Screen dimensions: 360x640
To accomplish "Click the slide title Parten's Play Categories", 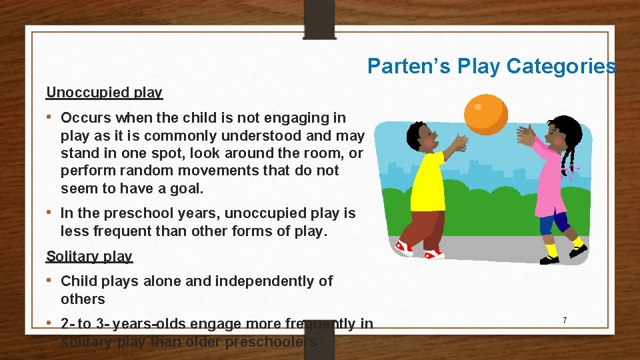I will tap(491, 66).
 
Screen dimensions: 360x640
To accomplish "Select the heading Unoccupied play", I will tap(104, 92).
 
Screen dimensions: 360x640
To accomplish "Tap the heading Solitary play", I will tap(89, 256).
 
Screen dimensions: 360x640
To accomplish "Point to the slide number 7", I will tap(565, 321).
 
